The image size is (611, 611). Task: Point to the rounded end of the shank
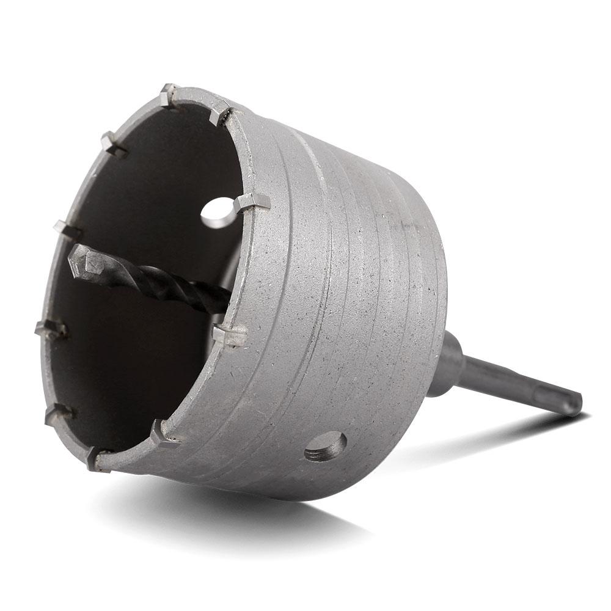pyautogui.click(x=575, y=404)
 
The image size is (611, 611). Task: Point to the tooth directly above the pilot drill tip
pyautogui.click(x=68, y=229)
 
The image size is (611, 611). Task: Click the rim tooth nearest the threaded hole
pyautogui.click(x=164, y=431)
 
